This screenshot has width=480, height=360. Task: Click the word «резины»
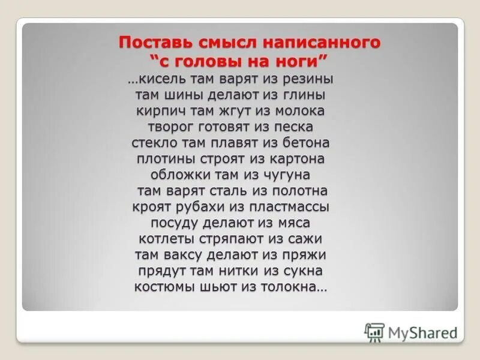coord(309,79)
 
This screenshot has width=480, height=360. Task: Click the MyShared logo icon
coord(374,332)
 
